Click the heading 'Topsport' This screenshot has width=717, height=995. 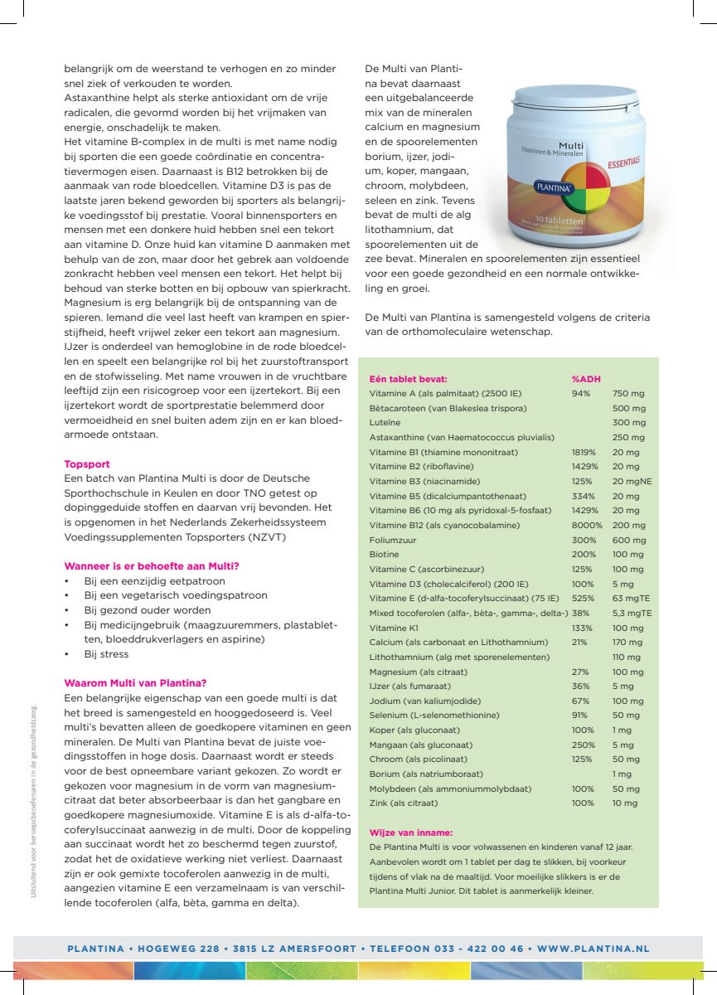coord(87,464)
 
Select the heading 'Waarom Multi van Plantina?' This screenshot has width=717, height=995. coord(135,683)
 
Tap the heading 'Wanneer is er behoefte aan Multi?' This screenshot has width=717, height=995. coord(152,566)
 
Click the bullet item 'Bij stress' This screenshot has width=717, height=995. coord(106,654)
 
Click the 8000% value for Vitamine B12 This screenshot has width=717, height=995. coord(587,525)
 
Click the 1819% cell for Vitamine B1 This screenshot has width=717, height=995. coord(584,452)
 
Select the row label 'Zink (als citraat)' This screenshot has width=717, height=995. coord(403,803)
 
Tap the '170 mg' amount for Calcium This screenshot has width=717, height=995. coord(627,642)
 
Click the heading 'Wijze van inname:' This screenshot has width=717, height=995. coord(410,832)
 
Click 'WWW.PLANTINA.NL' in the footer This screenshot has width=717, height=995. coord(593,949)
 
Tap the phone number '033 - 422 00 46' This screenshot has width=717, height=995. coord(476,949)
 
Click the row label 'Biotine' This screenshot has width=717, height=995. coord(384,554)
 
